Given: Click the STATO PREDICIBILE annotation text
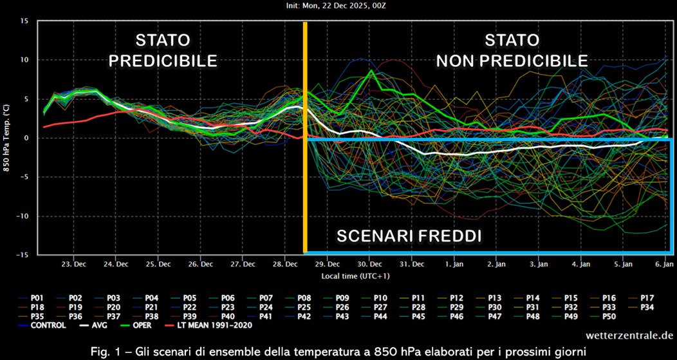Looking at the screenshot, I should (x=162, y=51).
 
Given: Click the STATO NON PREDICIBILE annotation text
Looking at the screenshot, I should (x=512, y=51).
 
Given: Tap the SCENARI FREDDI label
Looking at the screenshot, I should (x=409, y=236).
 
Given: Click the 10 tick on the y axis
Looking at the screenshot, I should (x=24, y=60).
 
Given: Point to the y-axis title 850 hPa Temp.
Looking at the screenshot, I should (x=7, y=138).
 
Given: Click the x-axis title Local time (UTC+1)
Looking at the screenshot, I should (x=355, y=276).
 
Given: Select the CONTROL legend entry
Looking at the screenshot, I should (x=44, y=325).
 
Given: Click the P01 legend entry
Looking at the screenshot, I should (x=32, y=298).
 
